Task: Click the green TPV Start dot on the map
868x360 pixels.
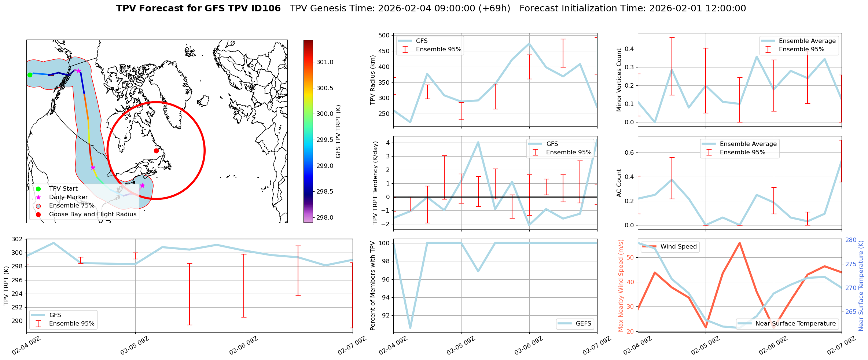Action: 30,75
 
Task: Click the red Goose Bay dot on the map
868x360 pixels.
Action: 156,151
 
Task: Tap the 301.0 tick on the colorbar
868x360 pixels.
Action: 325,62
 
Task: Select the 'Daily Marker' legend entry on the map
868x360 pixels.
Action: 68,197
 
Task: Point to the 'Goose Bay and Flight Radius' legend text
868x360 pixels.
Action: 92,214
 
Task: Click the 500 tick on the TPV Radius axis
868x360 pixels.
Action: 384,36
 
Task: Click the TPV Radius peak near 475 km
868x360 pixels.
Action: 529,44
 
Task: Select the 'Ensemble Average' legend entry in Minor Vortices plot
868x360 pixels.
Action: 807,41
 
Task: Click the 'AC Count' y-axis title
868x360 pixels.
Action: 619,183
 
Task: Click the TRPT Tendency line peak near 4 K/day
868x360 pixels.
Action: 478,142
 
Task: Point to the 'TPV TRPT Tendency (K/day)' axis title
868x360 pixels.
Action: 375,183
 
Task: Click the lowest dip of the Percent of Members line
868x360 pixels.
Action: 410,328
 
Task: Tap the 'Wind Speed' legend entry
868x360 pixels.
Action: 678,247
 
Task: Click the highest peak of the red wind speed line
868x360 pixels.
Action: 740,243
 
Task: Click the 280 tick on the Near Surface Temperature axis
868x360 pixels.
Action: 850,240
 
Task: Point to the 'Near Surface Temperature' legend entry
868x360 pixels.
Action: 795,323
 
